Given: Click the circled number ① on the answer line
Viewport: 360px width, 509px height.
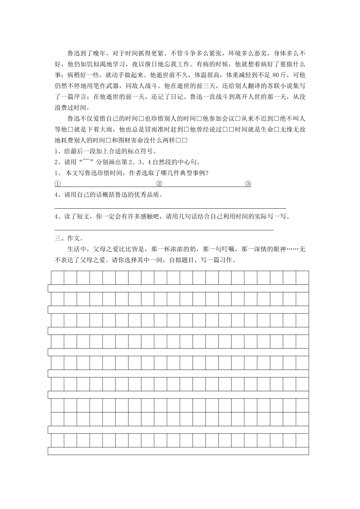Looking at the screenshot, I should point(58,184).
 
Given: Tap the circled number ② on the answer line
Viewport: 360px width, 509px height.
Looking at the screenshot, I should point(159,184).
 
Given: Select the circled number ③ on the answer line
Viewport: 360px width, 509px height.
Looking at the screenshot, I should point(248,184).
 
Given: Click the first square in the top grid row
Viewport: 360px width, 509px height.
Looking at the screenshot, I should point(58,278).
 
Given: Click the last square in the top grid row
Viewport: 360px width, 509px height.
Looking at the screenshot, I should point(302,278).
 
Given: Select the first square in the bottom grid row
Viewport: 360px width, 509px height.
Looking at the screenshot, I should point(58,440).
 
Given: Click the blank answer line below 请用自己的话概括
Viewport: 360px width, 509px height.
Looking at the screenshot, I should point(171,208).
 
